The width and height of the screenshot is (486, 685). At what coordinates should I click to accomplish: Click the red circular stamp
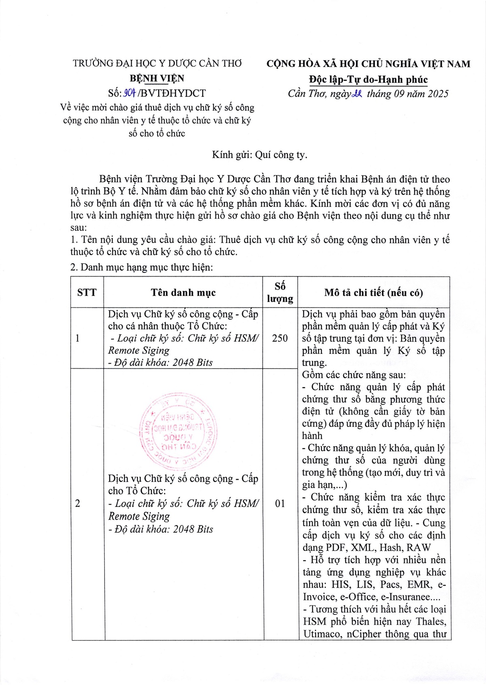(x=177, y=431)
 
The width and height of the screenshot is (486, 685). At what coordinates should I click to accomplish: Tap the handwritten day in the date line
(x=357, y=94)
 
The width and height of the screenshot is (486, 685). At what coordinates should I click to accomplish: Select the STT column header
(x=87, y=292)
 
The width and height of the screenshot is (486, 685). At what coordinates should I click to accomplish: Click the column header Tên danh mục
(x=183, y=292)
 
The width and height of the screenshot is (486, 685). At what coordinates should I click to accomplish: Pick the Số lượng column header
(x=280, y=292)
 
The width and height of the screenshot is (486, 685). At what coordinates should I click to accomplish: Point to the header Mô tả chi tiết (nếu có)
(x=373, y=292)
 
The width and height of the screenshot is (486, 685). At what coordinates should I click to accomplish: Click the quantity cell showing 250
(x=280, y=338)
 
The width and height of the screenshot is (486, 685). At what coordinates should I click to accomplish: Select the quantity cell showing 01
(x=280, y=504)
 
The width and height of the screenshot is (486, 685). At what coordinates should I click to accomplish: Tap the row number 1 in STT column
(x=78, y=338)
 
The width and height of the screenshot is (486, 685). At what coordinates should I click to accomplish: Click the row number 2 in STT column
(x=78, y=504)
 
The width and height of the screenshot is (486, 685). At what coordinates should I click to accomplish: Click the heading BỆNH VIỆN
(x=157, y=78)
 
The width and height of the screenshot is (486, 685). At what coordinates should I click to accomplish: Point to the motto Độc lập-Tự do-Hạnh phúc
(x=368, y=79)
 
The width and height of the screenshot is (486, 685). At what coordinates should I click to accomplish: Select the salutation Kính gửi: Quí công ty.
(x=260, y=155)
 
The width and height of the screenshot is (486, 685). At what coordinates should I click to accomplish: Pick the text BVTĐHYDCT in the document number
(x=174, y=93)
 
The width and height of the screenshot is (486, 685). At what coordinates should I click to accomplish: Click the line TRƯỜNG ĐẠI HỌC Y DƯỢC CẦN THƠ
(x=157, y=64)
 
